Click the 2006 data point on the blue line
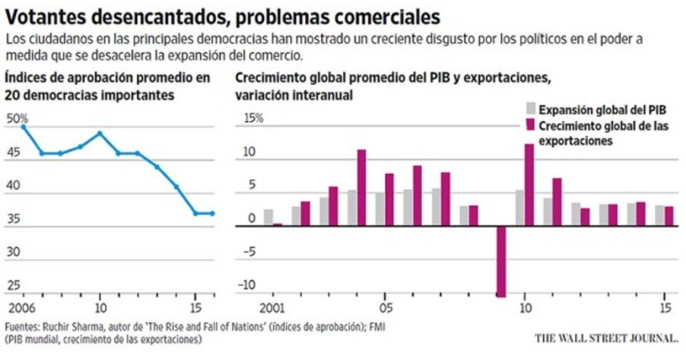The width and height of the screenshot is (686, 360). pyautogui.click(x=23, y=126)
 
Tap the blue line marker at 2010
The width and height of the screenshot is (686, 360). pyautogui.click(x=100, y=133)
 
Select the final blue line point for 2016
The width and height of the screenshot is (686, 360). pyautogui.click(x=213, y=213)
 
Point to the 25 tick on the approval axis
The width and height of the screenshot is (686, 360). pyautogui.click(x=13, y=286)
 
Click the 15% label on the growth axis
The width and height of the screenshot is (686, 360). pyautogui.click(x=252, y=119)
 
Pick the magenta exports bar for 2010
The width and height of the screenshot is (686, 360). pyautogui.click(x=529, y=185)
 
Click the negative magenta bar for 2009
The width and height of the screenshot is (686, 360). pyautogui.click(x=501, y=261)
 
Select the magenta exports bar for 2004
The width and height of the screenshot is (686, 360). pyautogui.click(x=361, y=187)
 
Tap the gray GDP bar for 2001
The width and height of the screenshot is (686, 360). pyautogui.click(x=268, y=217)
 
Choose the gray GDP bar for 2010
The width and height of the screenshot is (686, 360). pyautogui.click(x=520, y=208)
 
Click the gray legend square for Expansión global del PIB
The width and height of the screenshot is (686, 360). pyautogui.click(x=530, y=109)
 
